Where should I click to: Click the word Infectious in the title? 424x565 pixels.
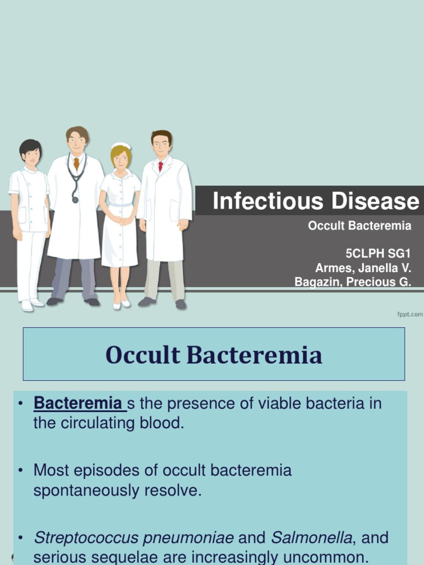point(268,201)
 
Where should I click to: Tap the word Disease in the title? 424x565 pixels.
point(375,201)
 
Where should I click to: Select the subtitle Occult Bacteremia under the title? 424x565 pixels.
point(359,226)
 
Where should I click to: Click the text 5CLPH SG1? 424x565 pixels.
point(378,254)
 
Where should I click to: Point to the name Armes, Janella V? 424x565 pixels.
point(363,268)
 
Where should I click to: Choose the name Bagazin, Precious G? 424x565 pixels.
point(353,282)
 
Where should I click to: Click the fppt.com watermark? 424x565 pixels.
point(410,315)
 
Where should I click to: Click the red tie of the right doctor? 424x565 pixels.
point(161,167)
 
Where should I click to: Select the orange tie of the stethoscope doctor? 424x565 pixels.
point(76,163)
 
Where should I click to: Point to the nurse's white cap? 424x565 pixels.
point(121,146)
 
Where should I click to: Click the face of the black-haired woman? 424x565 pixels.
point(31,157)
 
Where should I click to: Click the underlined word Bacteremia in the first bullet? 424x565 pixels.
point(77,403)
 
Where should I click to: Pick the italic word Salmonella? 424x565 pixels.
point(311,537)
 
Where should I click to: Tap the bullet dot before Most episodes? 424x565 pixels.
point(22,471)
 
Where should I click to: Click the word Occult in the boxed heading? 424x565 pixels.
point(143,355)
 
